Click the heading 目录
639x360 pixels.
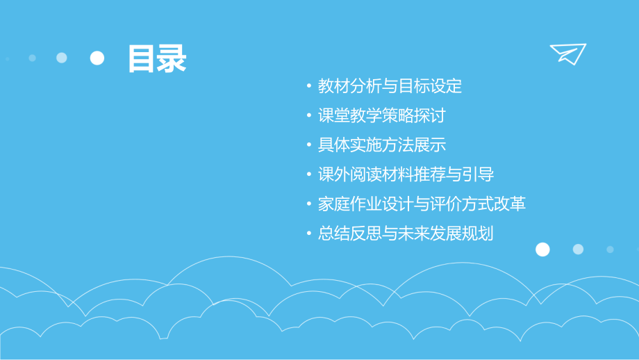pyautogui.click(x=157, y=58)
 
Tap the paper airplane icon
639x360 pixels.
pyautogui.click(x=567, y=54)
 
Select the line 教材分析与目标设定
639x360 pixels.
pyautogui.click(x=390, y=86)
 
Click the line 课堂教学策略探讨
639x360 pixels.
pyautogui.click(x=381, y=115)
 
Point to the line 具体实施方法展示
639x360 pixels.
pyautogui.click(x=381, y=145)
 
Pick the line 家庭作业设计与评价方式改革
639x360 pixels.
pyautogui.click(x=422, y=204)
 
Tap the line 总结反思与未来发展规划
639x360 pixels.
pyautogui.click(x=406, y=234)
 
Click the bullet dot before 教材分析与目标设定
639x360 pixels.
pyautogui.click(x=309, y=87)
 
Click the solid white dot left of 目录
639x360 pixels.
pyautogui.click(x=97, y=58)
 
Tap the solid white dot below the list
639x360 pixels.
pyautogui.click(x=542, y=249)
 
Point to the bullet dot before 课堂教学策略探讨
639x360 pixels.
pyautogui.click(x=309, y=116)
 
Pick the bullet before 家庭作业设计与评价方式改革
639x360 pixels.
pyautogui.click(x=309, y=205)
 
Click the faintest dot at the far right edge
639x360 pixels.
pyautogui.click(x=610, y=249)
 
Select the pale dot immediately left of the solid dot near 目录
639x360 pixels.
pyautogui.click(x=62, y=58)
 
